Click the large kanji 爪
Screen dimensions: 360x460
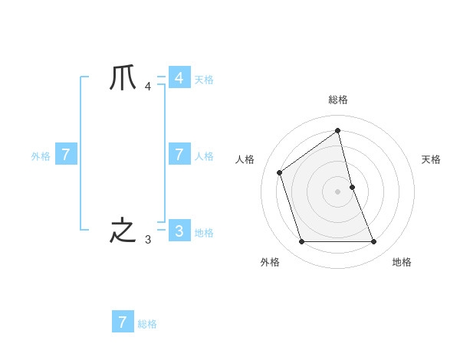(123, 77)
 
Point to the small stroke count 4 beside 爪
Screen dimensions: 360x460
(148, 86)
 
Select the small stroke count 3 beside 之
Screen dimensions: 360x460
(148, 239)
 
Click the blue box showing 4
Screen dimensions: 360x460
(179, 78)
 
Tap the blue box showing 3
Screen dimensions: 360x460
(179, 231)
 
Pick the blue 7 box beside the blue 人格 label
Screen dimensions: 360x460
(179, 155)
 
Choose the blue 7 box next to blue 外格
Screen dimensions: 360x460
(66, 155)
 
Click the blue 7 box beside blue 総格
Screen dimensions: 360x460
(123, 322)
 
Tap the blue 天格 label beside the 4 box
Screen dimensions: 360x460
(204, 80)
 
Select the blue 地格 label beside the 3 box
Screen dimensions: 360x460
(204, 233)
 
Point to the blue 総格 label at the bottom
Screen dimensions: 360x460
(147, 324)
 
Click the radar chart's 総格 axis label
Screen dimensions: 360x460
(338, 100)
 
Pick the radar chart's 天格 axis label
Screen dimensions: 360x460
(431, 159)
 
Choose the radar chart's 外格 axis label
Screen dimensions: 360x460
(270, 262)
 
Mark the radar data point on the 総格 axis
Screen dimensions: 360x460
(338, 130)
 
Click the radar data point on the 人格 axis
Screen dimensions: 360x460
(280, 172)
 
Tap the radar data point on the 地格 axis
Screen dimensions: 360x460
(374, 242)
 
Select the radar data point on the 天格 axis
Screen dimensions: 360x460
(352, 187)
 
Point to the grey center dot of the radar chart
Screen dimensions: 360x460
(338, 191)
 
